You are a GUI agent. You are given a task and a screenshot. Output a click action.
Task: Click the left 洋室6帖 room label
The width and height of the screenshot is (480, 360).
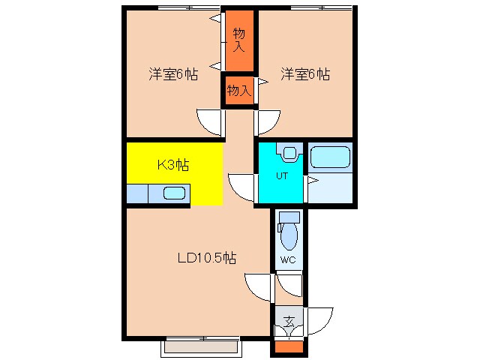(172, 75)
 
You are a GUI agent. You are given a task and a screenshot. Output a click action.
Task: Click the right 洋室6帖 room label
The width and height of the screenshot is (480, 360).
(305, 75)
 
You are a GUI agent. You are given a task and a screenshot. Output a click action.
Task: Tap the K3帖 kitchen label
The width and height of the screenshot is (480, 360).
(172, 166)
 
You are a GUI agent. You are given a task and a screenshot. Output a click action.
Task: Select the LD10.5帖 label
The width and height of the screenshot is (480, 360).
(207, 258)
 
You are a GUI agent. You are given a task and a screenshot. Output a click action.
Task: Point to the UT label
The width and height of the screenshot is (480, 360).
(282, 176)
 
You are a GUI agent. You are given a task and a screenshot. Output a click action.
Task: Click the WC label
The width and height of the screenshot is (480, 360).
(288, 260)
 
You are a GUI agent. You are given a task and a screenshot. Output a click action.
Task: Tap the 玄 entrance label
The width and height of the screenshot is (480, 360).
(288, 322)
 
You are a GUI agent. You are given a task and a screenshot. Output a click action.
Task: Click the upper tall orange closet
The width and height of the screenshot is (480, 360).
(239, 40)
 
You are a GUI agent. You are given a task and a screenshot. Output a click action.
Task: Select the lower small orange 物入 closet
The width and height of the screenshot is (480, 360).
(239, 91)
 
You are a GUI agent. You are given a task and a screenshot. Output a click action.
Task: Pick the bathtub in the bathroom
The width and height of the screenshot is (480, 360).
(330, 158)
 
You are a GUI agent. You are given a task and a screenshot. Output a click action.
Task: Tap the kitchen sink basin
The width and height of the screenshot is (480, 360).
(174, 194)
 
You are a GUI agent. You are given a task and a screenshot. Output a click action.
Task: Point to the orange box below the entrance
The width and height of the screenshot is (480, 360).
(288, 346)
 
